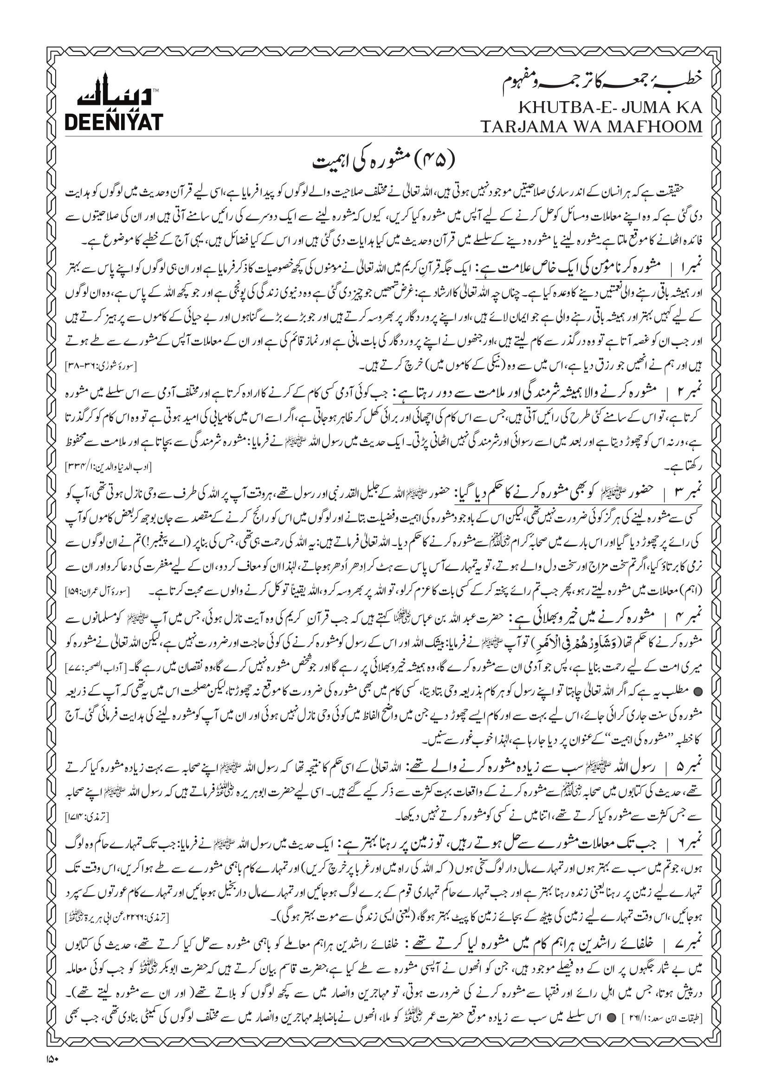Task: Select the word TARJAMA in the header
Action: [524, 126]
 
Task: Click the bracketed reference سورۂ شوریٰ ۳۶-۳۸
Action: [100, 366]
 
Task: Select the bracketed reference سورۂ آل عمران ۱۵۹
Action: [100, 592]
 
